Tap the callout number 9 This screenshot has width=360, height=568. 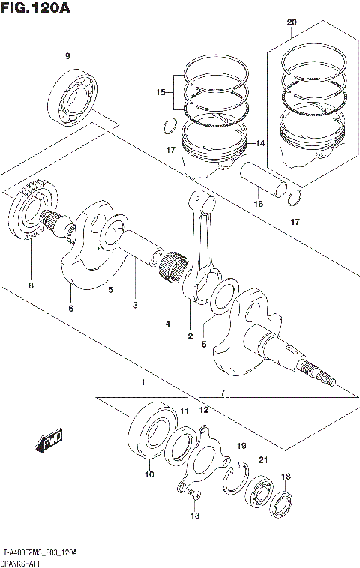67,57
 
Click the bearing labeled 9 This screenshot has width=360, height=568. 75,97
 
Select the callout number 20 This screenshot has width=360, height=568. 292,23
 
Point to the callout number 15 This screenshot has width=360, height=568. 159,92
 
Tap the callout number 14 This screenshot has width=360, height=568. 262,144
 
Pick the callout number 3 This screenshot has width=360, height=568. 135,305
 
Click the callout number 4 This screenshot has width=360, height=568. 168,324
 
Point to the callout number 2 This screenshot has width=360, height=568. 190,336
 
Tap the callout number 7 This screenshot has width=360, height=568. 223,393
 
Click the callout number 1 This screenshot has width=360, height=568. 142,372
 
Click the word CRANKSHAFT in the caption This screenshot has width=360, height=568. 21,561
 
